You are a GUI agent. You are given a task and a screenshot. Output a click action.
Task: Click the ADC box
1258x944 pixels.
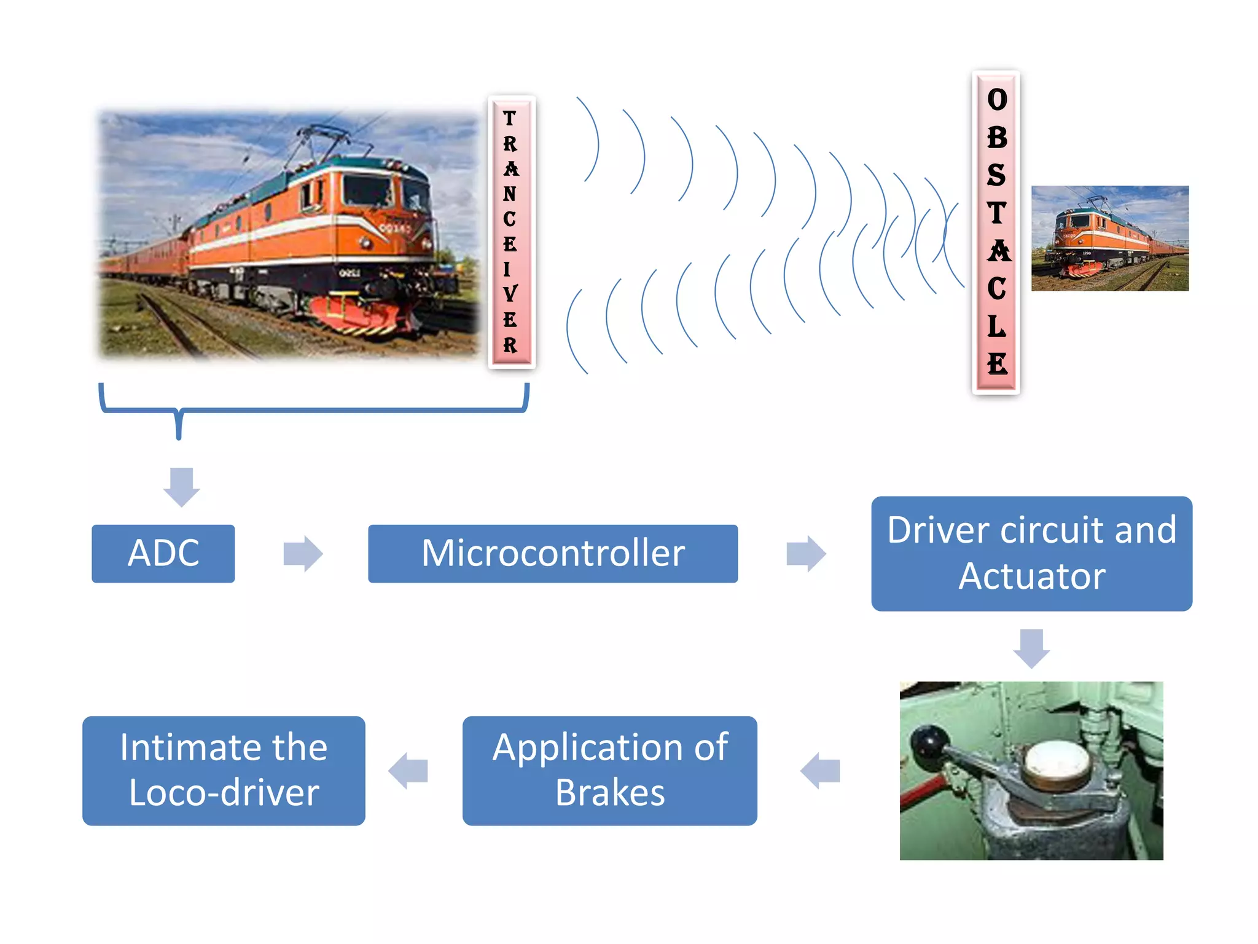(163, 553)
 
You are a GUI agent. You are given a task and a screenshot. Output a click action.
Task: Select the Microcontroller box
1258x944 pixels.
(552, 553)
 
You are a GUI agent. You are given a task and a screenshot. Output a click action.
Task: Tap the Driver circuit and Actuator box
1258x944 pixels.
(1031, 553)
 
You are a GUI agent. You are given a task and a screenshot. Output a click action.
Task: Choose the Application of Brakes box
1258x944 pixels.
(609, 770)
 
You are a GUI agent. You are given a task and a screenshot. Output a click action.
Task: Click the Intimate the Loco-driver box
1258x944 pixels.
(224, 770)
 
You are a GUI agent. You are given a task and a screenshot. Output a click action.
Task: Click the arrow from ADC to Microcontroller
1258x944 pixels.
(303, 553)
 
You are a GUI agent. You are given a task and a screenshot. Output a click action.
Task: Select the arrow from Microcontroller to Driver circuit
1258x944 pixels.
(806, 553)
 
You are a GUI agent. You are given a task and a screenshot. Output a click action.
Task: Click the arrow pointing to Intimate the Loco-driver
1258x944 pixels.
(408, 770)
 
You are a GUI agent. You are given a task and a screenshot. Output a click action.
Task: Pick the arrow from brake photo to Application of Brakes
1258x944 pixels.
(820, 770)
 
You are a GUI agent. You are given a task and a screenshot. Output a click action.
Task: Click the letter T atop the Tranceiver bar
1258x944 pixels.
(509, 118)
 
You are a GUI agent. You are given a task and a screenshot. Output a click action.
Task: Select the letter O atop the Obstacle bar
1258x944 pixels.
(997, 100)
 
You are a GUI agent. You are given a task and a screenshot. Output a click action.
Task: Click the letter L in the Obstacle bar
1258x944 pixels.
(996, 326)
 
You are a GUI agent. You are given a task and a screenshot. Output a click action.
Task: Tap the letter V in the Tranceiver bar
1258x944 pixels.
(510, 294)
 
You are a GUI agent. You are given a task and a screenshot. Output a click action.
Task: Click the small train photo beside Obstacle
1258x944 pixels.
(1109, 238)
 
